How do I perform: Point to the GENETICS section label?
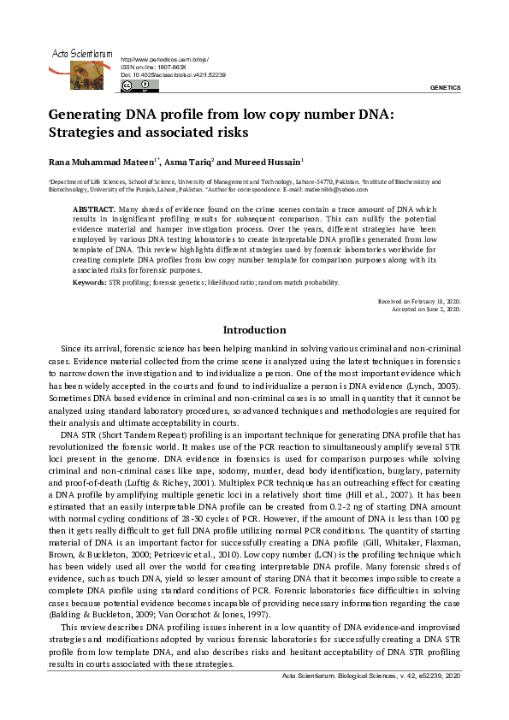coord(444,88)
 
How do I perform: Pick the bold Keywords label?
coord(89,281)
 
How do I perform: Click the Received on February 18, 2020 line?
coord(419,303)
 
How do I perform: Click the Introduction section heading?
coord(254,330)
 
